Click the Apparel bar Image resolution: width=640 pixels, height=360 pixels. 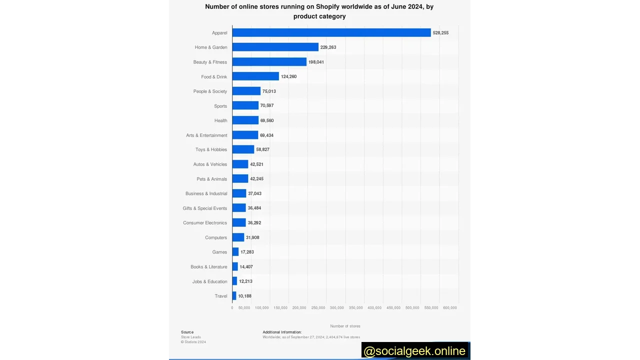coord(331,32)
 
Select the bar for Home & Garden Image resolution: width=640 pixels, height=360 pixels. coord(275,47)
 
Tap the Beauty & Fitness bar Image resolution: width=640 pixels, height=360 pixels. coord(269,62)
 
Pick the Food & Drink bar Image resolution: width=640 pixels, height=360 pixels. coord(255,76)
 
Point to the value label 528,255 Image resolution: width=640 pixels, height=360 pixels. coord(440,33)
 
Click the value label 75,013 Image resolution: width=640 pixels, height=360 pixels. coord(269,91)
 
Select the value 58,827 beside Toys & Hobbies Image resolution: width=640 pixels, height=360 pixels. coord(262,149)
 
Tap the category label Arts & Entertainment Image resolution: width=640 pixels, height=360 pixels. coord(206,135)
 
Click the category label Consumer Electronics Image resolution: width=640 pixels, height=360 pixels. coord(205,223)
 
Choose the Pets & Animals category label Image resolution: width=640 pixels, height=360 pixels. coord(211,179)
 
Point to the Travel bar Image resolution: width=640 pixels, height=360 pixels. coord(234,296)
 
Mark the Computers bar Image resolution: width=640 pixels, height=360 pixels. coord(238,237)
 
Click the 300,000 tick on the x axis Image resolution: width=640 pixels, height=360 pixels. coord(337,308)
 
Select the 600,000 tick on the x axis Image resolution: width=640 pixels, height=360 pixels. coord(450,308)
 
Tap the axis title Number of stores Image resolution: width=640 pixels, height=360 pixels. coord(345,326)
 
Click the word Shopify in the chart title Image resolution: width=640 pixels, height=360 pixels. coord(327,7)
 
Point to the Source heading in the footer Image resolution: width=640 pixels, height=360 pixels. coord(187,332)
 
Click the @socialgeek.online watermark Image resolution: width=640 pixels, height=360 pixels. coord(414,351)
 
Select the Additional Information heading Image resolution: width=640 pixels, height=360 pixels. coord(282,332)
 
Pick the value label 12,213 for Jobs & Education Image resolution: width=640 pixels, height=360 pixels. coord(245,281)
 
